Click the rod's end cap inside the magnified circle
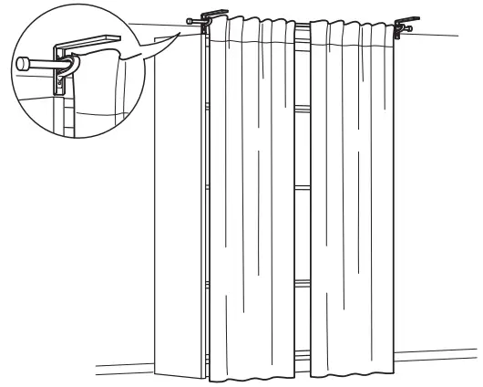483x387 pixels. click(x=23, y=65)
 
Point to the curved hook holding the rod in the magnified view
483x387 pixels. click(x=73, y=68)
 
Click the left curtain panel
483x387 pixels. click(x=251, y=201)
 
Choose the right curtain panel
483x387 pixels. click(x=355, y=201)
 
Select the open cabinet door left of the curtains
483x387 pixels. click(x=177, y=201)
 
